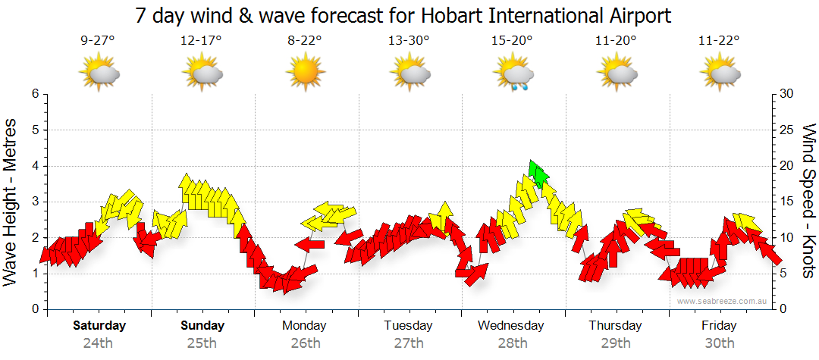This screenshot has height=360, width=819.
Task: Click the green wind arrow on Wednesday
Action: (x=539, y=174)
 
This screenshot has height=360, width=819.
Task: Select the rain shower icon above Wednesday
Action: (x=513, y=75)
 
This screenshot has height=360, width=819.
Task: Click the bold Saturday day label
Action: (x=99, y=326)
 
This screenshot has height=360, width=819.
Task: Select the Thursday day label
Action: (x=615, y=326)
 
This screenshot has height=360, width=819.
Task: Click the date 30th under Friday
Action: (x=719, y=343)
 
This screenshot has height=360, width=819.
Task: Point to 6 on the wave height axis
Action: (x=35, y=94)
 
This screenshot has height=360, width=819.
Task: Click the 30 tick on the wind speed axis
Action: (x=786, y=94)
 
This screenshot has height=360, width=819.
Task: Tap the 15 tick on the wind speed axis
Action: (x=786, y=202)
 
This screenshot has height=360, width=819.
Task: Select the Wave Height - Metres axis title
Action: (x=12, y=202)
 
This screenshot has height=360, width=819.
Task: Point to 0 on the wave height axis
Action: (x=35, y=309)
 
